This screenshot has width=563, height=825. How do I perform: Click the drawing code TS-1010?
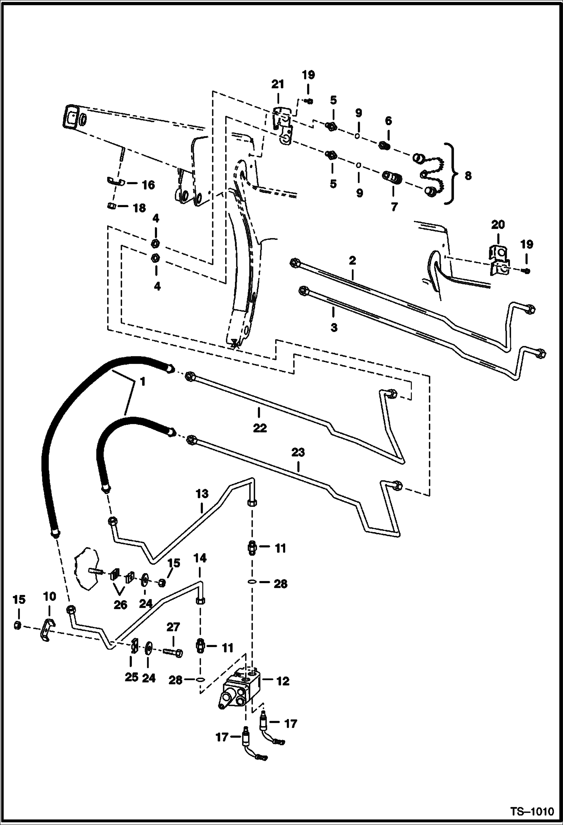coord(532,809)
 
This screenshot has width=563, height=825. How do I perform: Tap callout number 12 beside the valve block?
coord(283,681)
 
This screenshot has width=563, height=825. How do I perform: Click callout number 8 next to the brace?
coord(468,176)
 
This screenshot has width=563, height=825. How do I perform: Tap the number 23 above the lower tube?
coord(298,452)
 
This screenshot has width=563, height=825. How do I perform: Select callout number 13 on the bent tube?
coord(202,493)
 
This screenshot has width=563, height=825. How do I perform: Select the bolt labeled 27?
coord(174,653)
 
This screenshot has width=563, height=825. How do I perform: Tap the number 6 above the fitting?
coord(388,121)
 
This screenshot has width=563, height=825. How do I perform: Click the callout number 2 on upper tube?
coord(352,260)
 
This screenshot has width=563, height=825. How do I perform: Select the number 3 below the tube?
coord(334,327)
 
